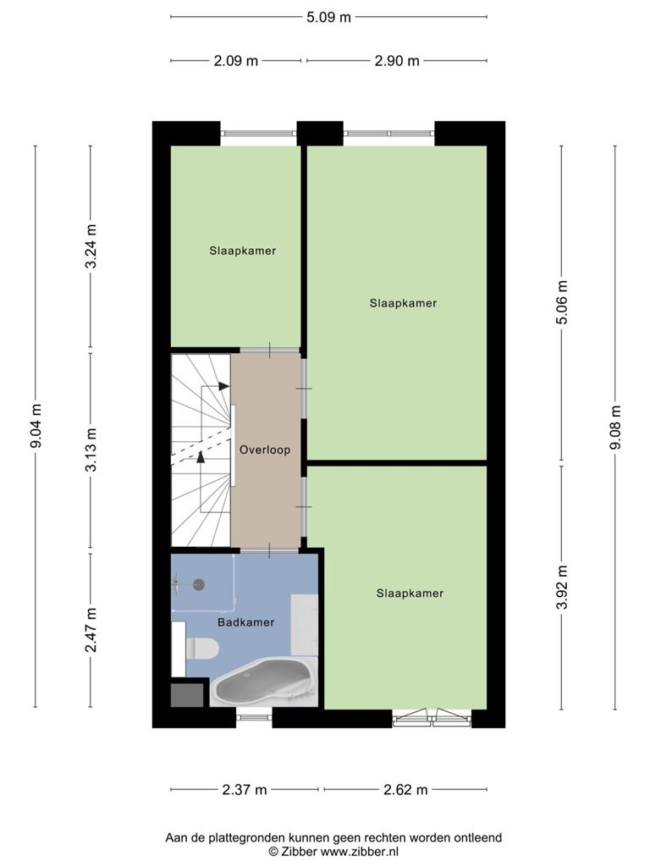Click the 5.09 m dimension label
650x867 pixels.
pyautogui.click(x=329, y=17)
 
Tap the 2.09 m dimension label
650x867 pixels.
pyautogui.click(x=236, y=61)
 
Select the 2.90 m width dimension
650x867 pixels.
pyautogui.click(x=397, y=61)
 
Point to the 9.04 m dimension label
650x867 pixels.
pyautogui.click(x=36, y=427)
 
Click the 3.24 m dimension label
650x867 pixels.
pyautogui.click(x=91, y=246)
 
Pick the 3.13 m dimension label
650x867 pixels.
pyautogui.click(x=91, y=450)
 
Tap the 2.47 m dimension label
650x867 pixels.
pyautogui.click(x=91, y=630)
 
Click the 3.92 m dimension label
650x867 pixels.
pyautogui.click(x=562, y=588)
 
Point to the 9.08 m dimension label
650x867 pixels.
pyautogui.click(x=615, y=428)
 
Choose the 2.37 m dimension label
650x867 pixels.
pyautogui.click(x=245, y=790)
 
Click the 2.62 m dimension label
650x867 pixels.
pyautogui.click(x=405, y=790)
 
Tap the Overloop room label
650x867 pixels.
pyautogui.click(x=265, y=450)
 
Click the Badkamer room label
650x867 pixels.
pyautogui.click(x=246, y=622)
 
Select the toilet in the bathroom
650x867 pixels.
pyautogui.click(x=202, y=648)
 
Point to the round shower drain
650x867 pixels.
pyautogui.click(x=198, y=584)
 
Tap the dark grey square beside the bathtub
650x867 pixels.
pyautogui.click(x=187, y=695)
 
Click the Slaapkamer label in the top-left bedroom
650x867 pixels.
pyautogui.click(x=243, y=251)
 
